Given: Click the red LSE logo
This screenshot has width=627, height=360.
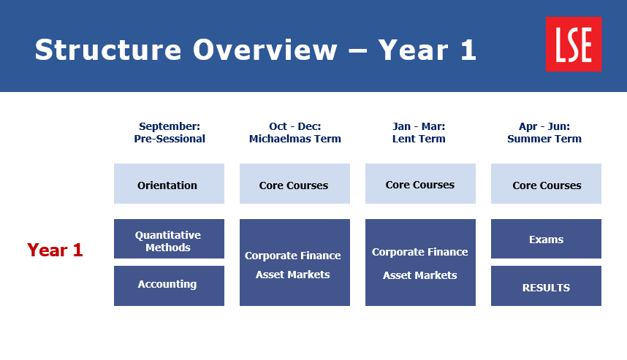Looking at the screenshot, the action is tap(574, 44).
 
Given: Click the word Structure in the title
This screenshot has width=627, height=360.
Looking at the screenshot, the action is tap(108, 50).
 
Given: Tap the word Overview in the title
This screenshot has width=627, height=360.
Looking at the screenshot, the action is tap(265, 50).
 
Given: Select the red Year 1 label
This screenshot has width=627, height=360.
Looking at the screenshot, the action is tap(55, 250).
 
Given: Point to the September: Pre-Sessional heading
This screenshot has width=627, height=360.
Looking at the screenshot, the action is tap(170, 132).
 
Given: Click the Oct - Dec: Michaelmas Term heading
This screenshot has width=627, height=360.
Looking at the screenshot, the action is tap(295, 132).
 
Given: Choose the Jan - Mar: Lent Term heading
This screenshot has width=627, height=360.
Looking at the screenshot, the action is tap(419, 132).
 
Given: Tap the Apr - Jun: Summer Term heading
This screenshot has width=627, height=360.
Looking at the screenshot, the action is tap(544, 132).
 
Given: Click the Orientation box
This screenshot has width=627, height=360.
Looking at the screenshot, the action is tap(169, 184).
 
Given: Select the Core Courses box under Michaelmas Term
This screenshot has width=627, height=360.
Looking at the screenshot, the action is tap(294, 184).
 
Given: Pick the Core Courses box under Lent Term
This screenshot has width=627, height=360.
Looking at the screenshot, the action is tap(420, 184).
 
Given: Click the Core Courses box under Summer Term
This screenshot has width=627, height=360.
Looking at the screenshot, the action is tap(546, 184).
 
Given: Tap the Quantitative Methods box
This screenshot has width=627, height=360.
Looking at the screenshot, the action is tap(169, 239).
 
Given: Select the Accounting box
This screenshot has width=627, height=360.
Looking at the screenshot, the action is tap(169, 286).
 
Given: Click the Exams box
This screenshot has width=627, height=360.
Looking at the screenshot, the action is tap(546, 239).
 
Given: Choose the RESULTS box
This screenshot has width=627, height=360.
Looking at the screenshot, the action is tap(546, 286).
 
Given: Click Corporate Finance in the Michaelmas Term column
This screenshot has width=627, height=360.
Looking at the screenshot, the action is tap(293, 256).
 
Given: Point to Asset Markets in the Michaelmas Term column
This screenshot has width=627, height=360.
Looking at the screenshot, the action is tap(293, 275).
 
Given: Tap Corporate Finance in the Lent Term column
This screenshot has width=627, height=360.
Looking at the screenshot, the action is tap(420, 252).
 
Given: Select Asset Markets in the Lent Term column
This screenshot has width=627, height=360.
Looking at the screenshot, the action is tap(420, 275).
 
